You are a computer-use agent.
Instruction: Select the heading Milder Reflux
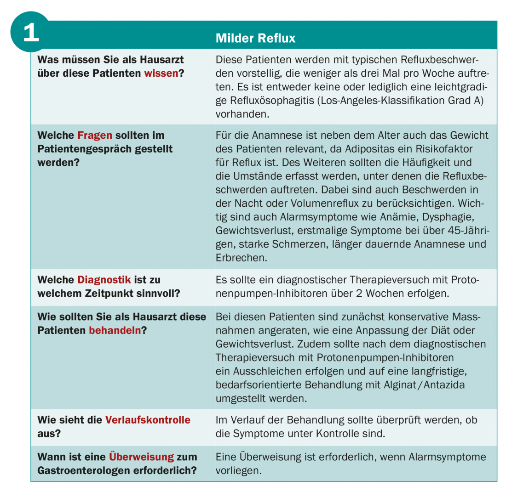pyautogui.click(x=255, y=38)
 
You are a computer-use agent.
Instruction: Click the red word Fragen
pyautogui.click(x=95, y=136)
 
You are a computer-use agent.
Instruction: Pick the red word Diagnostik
pyautogui.click(x=104, y=280)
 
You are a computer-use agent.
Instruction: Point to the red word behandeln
pyautogui.click(x=115, y=330)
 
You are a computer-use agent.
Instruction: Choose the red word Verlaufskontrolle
pyautogui.click(x=148, y=420)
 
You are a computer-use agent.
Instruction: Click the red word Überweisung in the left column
pyautogui.click(x=141, y=457)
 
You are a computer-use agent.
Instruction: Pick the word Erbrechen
pyautogui.click(x=241, y=258)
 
